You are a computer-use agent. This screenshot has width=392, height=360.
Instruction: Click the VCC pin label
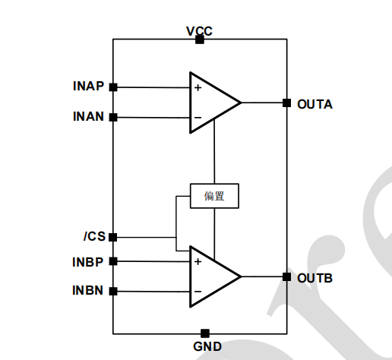pos(199,31)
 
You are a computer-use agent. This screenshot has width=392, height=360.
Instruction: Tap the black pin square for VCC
pos(200,39)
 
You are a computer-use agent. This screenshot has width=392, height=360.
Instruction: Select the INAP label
pos(88,86)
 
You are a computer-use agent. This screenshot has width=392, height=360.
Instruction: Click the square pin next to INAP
pos(113,87)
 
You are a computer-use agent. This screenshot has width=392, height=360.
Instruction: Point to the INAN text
pos(88,116)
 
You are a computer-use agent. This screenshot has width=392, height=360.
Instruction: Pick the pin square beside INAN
pos(113,118)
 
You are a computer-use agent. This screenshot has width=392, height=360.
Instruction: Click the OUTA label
pos(315,104)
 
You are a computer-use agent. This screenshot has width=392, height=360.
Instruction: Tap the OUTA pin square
pos(286,103)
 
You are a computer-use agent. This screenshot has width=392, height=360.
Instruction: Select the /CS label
pos(94,236)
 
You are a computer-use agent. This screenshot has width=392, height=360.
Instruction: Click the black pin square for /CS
pos(113,238)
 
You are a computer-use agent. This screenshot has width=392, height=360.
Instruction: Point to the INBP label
pos(87,262)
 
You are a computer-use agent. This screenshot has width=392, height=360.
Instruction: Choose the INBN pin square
pos(113,292)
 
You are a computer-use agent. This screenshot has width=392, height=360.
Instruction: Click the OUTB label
pos(315,278)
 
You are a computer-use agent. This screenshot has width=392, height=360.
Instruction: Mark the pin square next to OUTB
pos(286,277)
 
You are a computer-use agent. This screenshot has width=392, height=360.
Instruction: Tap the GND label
pos(207,346)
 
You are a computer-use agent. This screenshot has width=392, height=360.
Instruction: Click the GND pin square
pos(205,333)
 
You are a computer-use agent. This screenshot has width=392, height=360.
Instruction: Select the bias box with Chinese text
pos(214,196)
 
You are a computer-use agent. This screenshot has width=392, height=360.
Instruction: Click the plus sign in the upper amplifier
pos(198,87)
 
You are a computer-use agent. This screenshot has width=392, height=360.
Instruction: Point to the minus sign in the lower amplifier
pos(198,292)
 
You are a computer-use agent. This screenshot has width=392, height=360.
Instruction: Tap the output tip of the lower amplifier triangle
pos(241,276)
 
